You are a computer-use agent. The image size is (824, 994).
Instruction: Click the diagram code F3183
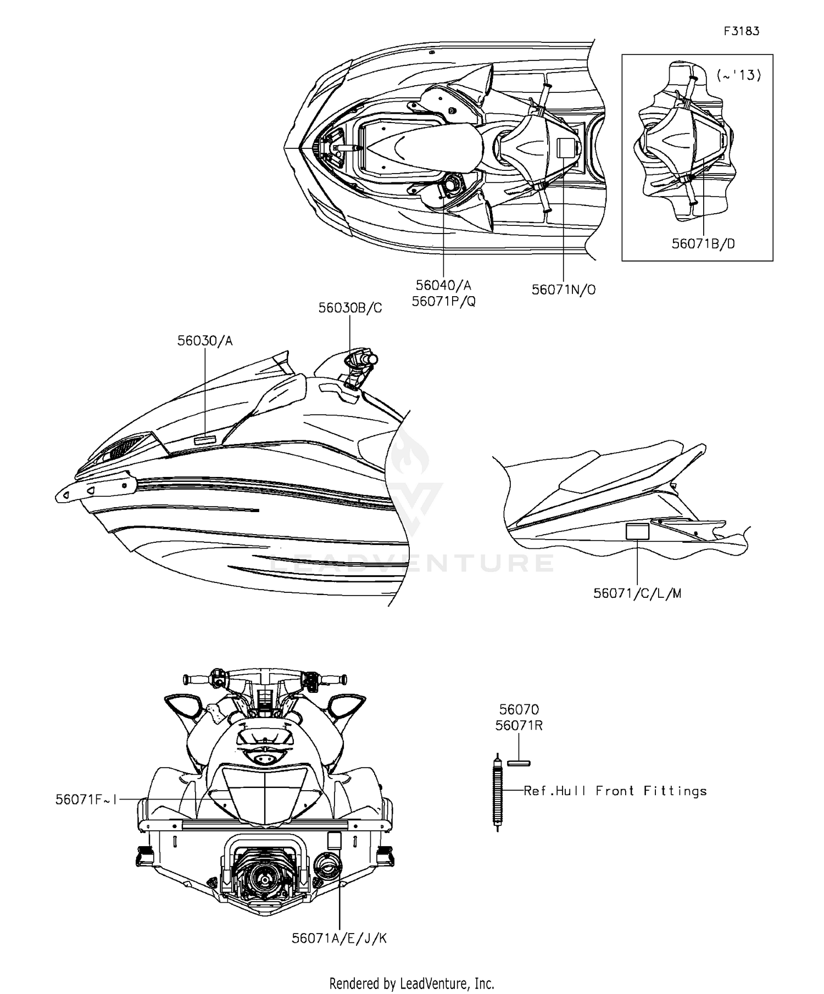(x=741, y=31)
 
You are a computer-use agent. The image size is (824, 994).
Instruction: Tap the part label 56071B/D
(x=703, y=243)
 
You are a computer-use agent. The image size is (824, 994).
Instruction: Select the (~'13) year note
(x=739, y=76)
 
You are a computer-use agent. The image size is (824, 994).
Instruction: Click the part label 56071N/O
(x=564, y=290)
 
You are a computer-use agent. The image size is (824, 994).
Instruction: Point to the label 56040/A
(x=443, y=285)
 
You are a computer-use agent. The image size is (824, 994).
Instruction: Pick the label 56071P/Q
(x=444, y=301)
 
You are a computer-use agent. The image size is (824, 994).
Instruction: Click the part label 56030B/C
(x=350, y=308)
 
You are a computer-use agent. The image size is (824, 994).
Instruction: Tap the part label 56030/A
(x=205, y=341)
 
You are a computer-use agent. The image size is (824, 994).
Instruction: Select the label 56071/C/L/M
(x=637, y=593)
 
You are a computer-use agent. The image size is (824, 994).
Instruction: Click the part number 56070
(x=519, y=710)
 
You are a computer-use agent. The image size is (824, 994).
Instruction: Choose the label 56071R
(x=519, y=725)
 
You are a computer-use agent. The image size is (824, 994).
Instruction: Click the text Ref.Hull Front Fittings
(x=615, y=791)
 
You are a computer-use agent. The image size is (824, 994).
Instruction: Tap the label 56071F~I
(x=86, y=799)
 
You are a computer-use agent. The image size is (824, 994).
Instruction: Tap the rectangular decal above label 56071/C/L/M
(x=637, y=531)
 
